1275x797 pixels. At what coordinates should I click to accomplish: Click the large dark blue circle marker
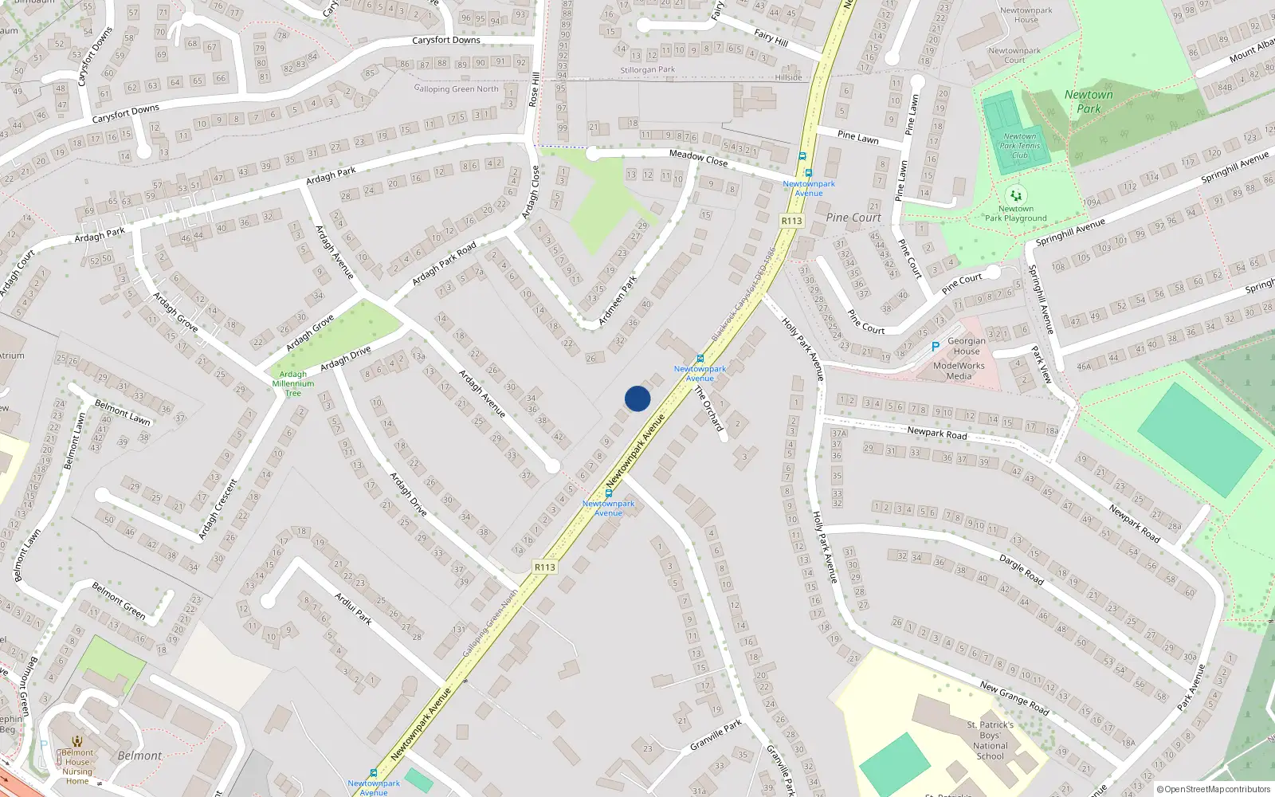(x=637, y=398)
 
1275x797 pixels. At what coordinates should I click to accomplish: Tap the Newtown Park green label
(x=1089, y=101)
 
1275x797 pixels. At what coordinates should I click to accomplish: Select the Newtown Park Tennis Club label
(x=1020, y=146)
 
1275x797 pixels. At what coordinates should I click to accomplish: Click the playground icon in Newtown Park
(x=1015, y=194)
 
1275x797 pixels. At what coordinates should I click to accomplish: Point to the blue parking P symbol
(x=936, y=347)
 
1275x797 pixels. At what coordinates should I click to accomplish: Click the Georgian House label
(x=967, y=346)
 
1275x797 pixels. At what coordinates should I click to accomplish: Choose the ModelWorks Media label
(x=959, y=371)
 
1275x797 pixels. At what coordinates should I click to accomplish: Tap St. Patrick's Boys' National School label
(x=991, y=740)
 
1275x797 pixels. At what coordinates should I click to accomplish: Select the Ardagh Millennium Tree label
(x=293, y=383)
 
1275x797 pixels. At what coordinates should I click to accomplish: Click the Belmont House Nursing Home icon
(x=77, y=741)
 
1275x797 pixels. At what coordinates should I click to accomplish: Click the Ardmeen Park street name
(x=618, y=300)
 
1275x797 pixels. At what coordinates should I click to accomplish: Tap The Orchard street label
(x=708, y=409)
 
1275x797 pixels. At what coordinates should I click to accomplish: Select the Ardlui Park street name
(x=353, y=608)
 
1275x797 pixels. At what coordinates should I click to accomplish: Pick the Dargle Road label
(x=1021, y=570)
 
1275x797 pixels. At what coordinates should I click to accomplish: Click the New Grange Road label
(x=1014, y=697)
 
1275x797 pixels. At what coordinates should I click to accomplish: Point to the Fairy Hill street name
(x=771, y=37)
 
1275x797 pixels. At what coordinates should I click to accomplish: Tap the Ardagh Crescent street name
(x=218, y=509)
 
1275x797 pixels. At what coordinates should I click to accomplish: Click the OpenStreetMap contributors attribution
(x=1214, y=790)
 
